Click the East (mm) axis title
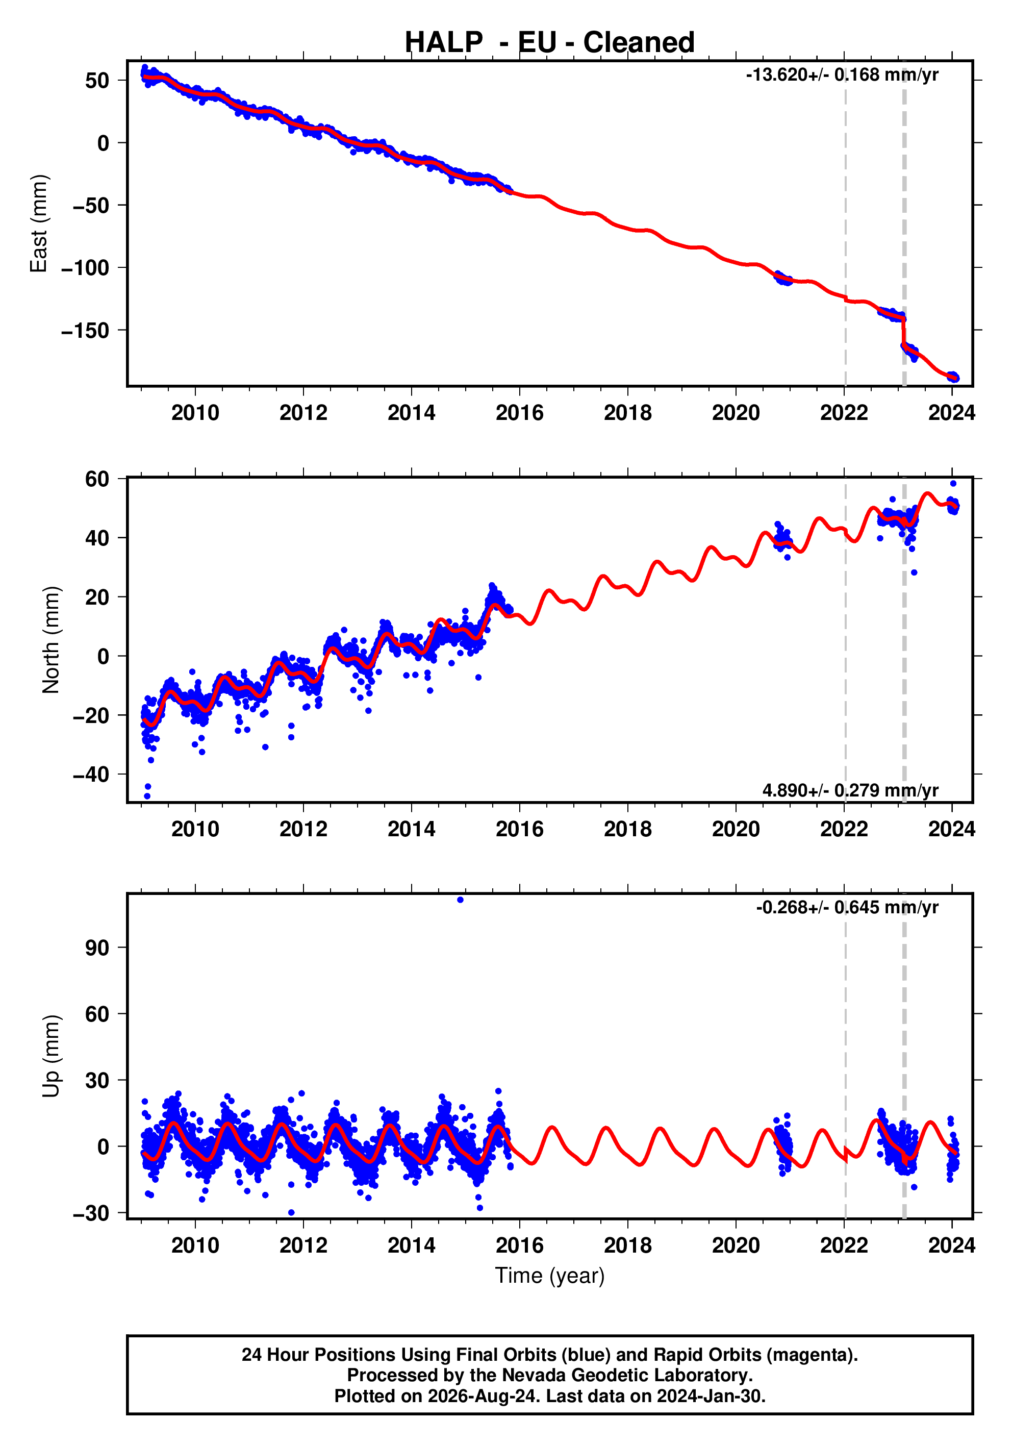(x=39, y=223)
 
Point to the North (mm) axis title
(x=51, y=640)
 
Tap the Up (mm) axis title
(x=51, y=1056)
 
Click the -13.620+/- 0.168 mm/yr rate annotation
(x=842, y=75)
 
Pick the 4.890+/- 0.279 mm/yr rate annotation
(x=850, y=790)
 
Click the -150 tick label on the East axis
(x=85, y=331)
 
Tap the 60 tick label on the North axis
(x=97, y=479)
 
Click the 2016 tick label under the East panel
(x=519, y=413)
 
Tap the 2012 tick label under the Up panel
(x=303, y=1245)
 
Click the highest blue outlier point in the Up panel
(x=460, y=900)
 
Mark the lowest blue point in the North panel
(x=147, y=796)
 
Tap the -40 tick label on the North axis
(x=91, y=775)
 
